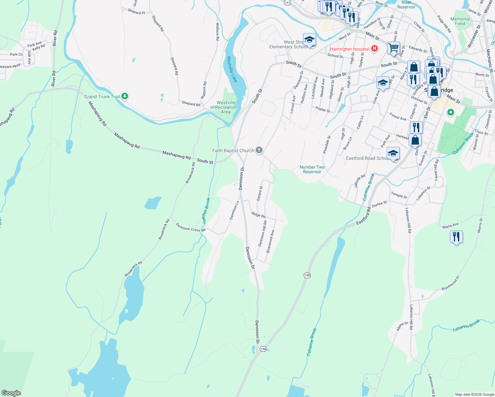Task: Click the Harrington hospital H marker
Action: click(x=375, y=49)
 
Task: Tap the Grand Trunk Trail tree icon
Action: click(x=125, y=96)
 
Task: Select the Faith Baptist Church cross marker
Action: click(x=259, y=151)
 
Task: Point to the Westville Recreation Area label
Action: click(x=226, y=107)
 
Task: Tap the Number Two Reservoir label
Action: click(x=312, y=169)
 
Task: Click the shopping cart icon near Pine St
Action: click(x=393, y=48)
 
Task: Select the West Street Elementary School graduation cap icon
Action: click(x=309, y=40)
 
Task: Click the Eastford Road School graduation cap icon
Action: click(x=393, y=153)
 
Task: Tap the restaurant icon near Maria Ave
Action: click(x=456, y=237)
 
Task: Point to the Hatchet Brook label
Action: click(x=206, y=210)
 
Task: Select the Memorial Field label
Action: click(x=460, y=21)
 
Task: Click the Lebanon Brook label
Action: click(x=466, y=325)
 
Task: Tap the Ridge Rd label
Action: click(x=258, y=215)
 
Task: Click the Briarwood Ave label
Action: click(x=270, y=242)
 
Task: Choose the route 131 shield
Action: click(x=287, y=2)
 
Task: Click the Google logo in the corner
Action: click(x=11, y=393)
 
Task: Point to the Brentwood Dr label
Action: click(x=451, y=283)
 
